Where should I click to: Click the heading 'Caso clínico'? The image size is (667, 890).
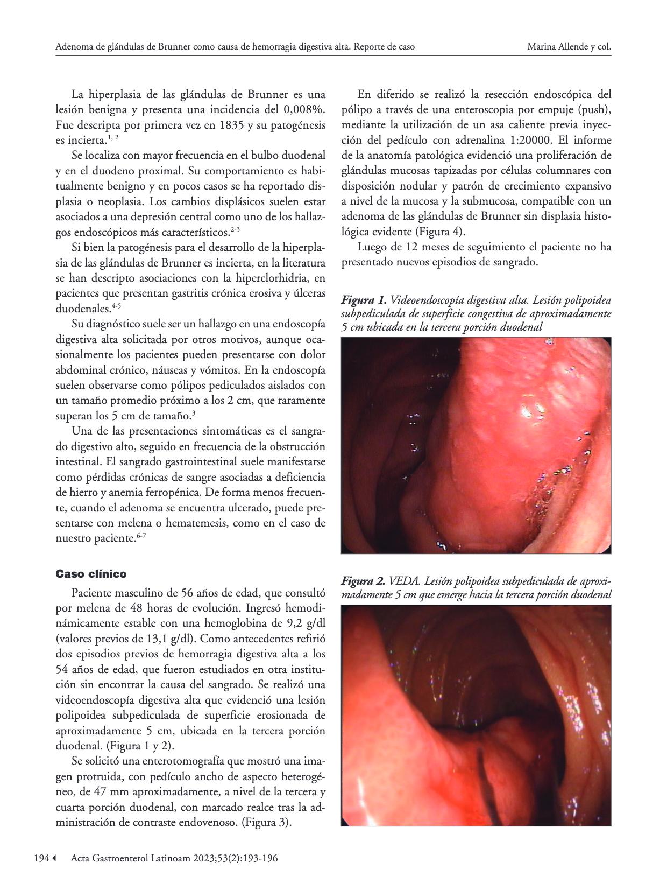91,574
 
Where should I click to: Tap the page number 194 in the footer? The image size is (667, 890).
41,859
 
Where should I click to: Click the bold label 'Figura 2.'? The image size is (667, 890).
364,581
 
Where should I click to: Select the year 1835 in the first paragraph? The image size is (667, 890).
219,125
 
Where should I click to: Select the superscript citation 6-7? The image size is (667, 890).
141,536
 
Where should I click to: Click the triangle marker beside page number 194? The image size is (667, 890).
54,859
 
